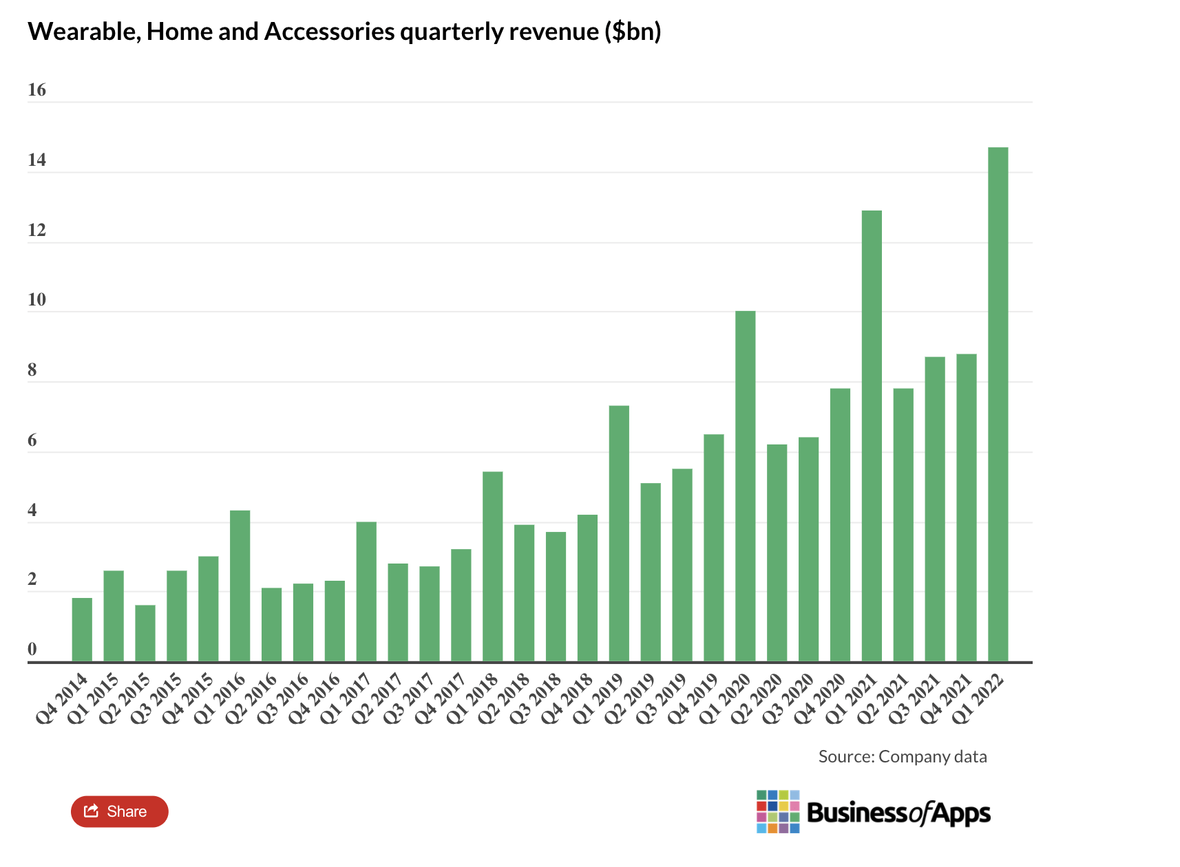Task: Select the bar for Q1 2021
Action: point(871,436)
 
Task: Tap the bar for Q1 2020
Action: point(745,486)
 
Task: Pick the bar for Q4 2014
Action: point(82,630)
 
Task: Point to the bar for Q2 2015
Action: point(145,633)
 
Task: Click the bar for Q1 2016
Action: point(240,586)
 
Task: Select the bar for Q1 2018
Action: point(492,567)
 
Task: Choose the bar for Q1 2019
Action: point(619,534)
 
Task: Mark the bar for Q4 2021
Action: point(966,508)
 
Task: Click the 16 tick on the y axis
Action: point(36,90)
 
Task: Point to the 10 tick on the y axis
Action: point(36,300)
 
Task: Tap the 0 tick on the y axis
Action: point(32,649)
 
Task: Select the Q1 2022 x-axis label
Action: point(979,698)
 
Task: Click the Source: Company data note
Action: point(902,757)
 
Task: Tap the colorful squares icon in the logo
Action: point(777,812)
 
